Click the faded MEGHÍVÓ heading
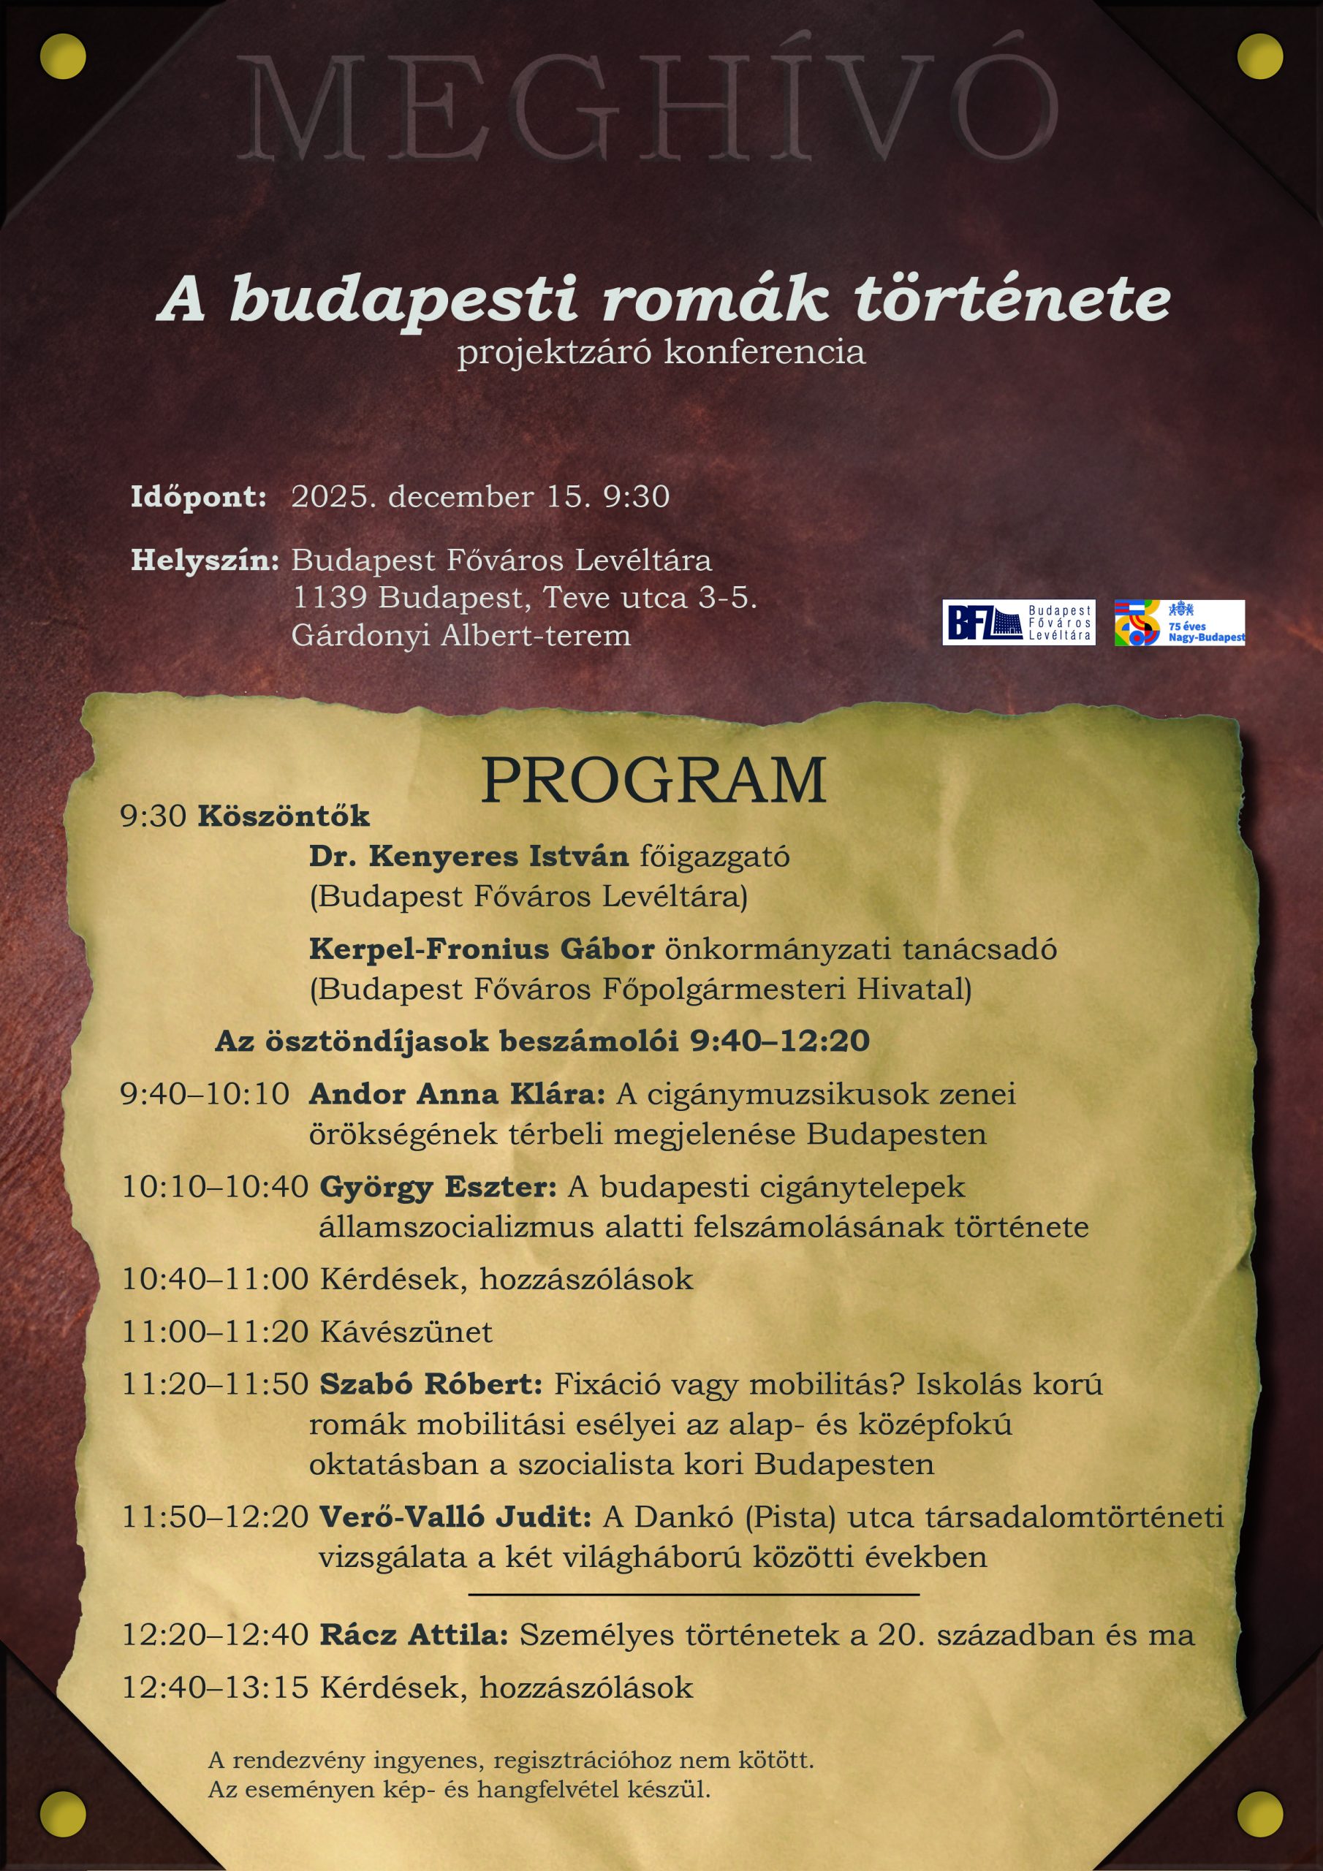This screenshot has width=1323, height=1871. point(648,106)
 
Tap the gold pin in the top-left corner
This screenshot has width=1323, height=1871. point(63,56)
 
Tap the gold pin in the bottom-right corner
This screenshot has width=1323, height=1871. point(1259,1815)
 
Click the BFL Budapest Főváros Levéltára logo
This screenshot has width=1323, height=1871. point(1018,623)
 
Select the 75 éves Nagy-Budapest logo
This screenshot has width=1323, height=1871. point(1179,623)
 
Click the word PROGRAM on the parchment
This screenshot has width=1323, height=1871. point(653,781)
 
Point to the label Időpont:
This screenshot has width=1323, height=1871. point(198,496)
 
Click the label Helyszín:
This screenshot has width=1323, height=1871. point(205,560)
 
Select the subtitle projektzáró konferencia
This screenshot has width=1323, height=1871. point(660,352)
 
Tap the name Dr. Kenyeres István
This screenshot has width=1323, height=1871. point(469,857)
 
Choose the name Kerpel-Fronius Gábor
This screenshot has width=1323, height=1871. point(481,949)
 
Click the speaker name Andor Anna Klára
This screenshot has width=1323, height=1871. point(457,1093)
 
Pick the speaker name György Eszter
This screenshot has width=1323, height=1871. point(438,1186)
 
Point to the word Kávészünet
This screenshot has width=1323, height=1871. point(406,1332)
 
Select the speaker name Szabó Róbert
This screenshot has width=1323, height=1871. point(431,1384)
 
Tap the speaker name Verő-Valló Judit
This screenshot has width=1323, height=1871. point(455,1517)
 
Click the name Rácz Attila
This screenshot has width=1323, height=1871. point(413,1635)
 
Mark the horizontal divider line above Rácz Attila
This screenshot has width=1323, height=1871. point(694,1594)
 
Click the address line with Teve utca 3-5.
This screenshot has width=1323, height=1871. point(524,597)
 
